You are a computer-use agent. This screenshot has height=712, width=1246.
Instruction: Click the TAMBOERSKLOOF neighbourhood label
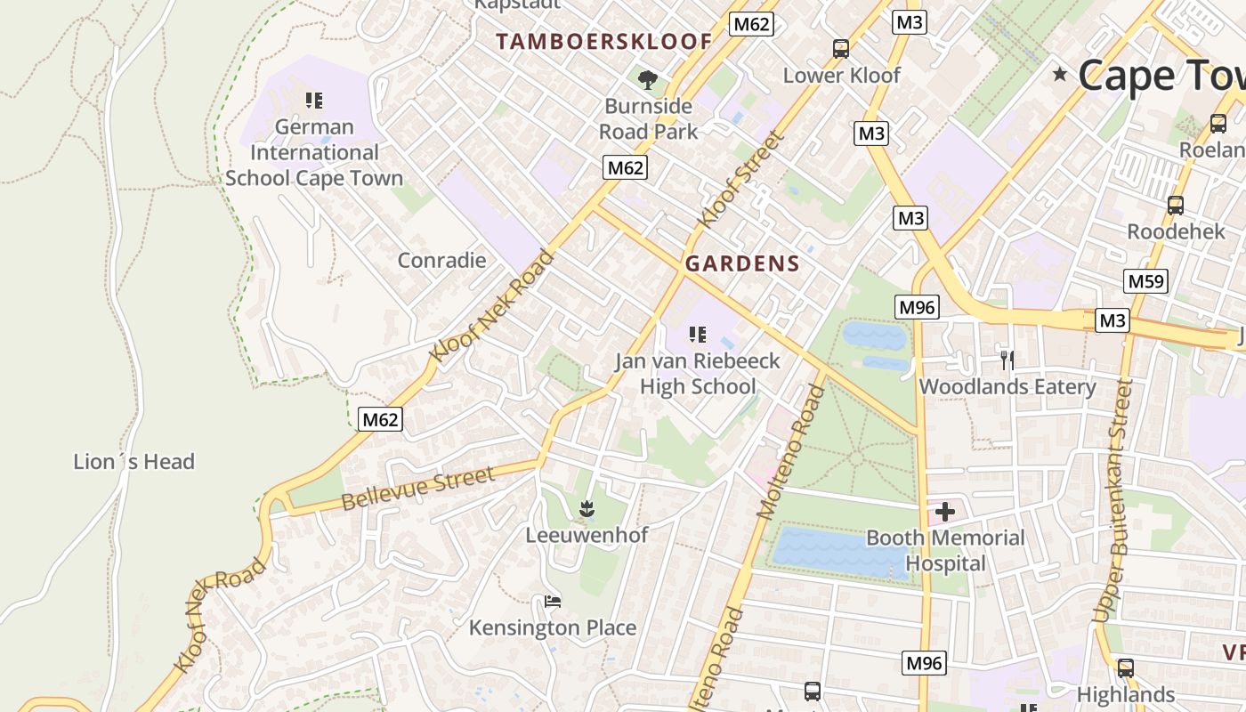click(x=603, y=41)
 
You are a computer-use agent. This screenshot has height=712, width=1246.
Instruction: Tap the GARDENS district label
click(x=742, y=263)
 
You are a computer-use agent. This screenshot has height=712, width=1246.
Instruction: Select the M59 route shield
click(x=1145, y=281)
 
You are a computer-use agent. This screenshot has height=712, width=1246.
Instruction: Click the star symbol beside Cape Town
click(x=1059, y=74)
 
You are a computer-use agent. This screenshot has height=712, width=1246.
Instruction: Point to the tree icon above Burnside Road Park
click(x=647, y=80)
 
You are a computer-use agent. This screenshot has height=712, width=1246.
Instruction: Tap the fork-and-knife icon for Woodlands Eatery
click(x=1007, y=360)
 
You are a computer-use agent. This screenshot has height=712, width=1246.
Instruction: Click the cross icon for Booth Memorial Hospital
click(x=944, y=512)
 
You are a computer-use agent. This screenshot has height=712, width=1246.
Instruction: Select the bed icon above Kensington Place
click(x=553, y=602)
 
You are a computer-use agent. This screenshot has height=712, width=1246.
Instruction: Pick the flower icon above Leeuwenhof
click(x=586, y=509)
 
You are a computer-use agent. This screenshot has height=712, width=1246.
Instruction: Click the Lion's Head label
click(x=133, y=462)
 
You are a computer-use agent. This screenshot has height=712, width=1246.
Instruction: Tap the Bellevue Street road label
click(x=417, y=489)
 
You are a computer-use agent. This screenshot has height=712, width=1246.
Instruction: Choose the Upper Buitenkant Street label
click(x=1113, y=500)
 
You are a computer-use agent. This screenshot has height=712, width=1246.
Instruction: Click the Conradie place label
click(x=441, y=261)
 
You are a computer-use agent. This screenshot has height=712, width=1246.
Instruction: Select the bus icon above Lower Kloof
click(x=841, y=49)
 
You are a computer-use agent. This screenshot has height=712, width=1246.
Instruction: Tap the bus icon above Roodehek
click(x=1176, y=206)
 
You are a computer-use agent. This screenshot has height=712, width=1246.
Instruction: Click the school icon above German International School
click(x=313, y=101)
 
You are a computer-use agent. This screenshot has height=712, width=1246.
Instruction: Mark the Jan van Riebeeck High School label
click(x=697, y=374)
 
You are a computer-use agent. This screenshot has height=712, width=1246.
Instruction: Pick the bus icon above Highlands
click(x=1126, y=667)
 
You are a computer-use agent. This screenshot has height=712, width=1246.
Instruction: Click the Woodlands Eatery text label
click(x=1007, y=387)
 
